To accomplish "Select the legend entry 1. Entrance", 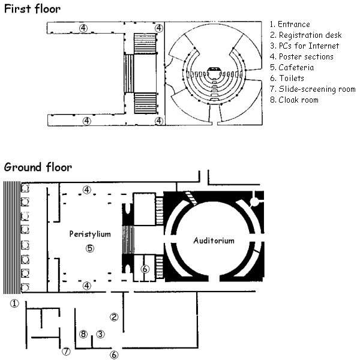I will point(290,25).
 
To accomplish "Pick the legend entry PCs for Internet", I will point(304,46).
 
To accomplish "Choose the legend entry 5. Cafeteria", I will point(290,67).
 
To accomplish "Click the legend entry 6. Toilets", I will point(287,78).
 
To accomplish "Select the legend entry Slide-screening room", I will point(312,89).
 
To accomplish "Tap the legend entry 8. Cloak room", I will point(294,100).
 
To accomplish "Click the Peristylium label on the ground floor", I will point(90,234).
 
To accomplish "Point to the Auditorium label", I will point(214,241).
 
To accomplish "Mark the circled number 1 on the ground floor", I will point(15,304).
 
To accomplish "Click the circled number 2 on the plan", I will point(114,316).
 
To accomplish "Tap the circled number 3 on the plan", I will point(101,334).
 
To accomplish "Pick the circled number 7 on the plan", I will point(67,351).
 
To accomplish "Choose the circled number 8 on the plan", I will point(84,334).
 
